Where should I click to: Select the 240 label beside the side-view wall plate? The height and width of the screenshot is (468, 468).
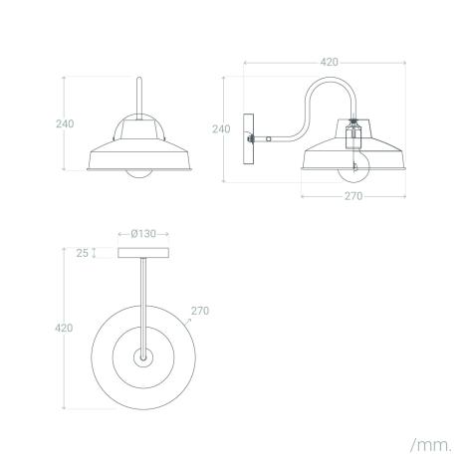(222, 128)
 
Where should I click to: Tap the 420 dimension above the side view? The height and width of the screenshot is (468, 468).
(329, 62)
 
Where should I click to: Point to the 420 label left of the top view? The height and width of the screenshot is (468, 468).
(64, 328)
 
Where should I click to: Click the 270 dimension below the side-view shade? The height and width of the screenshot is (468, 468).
(353, 196)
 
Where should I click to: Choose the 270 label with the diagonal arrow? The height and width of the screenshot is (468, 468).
(198, 310)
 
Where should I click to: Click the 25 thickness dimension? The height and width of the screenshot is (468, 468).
(83, 253)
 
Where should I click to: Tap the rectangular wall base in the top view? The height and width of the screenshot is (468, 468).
(144, 253)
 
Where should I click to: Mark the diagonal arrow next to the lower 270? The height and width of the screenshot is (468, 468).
(188, 321)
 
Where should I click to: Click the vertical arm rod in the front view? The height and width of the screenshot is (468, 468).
(139, 100)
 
